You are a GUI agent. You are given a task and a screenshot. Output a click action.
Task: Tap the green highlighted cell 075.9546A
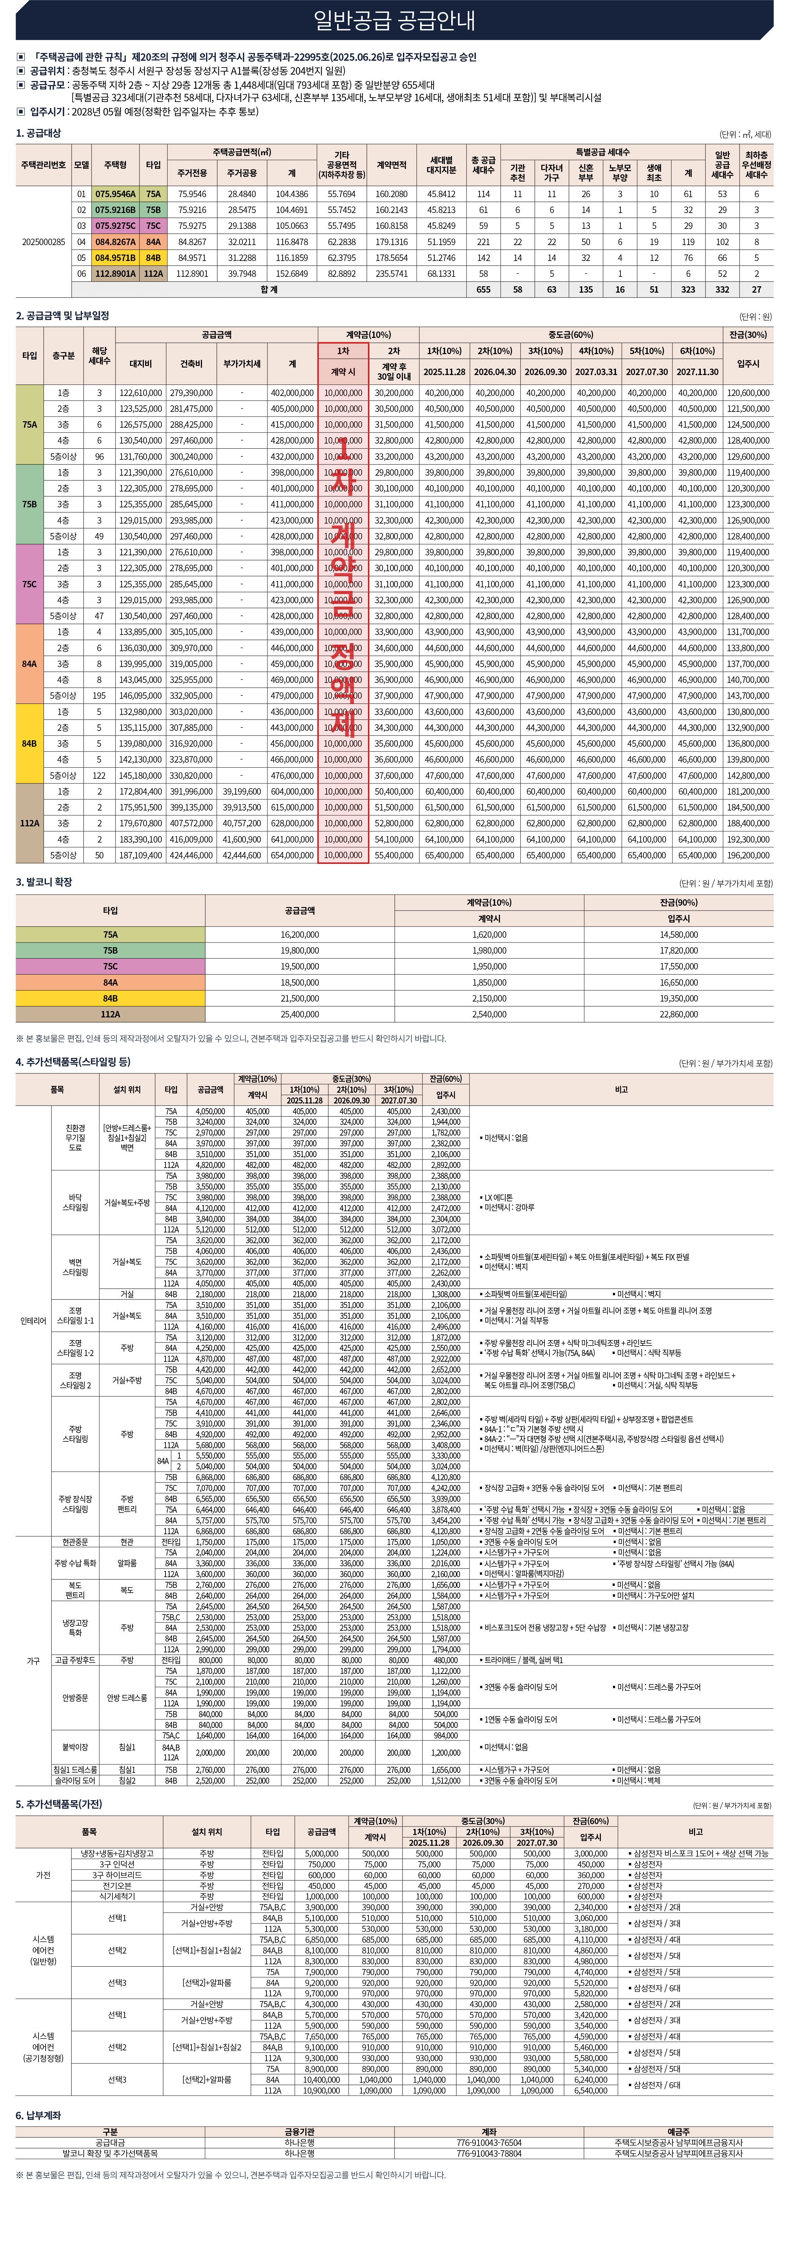coord(115,194)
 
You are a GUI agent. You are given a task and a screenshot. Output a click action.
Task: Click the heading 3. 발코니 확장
coord(44,882)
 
